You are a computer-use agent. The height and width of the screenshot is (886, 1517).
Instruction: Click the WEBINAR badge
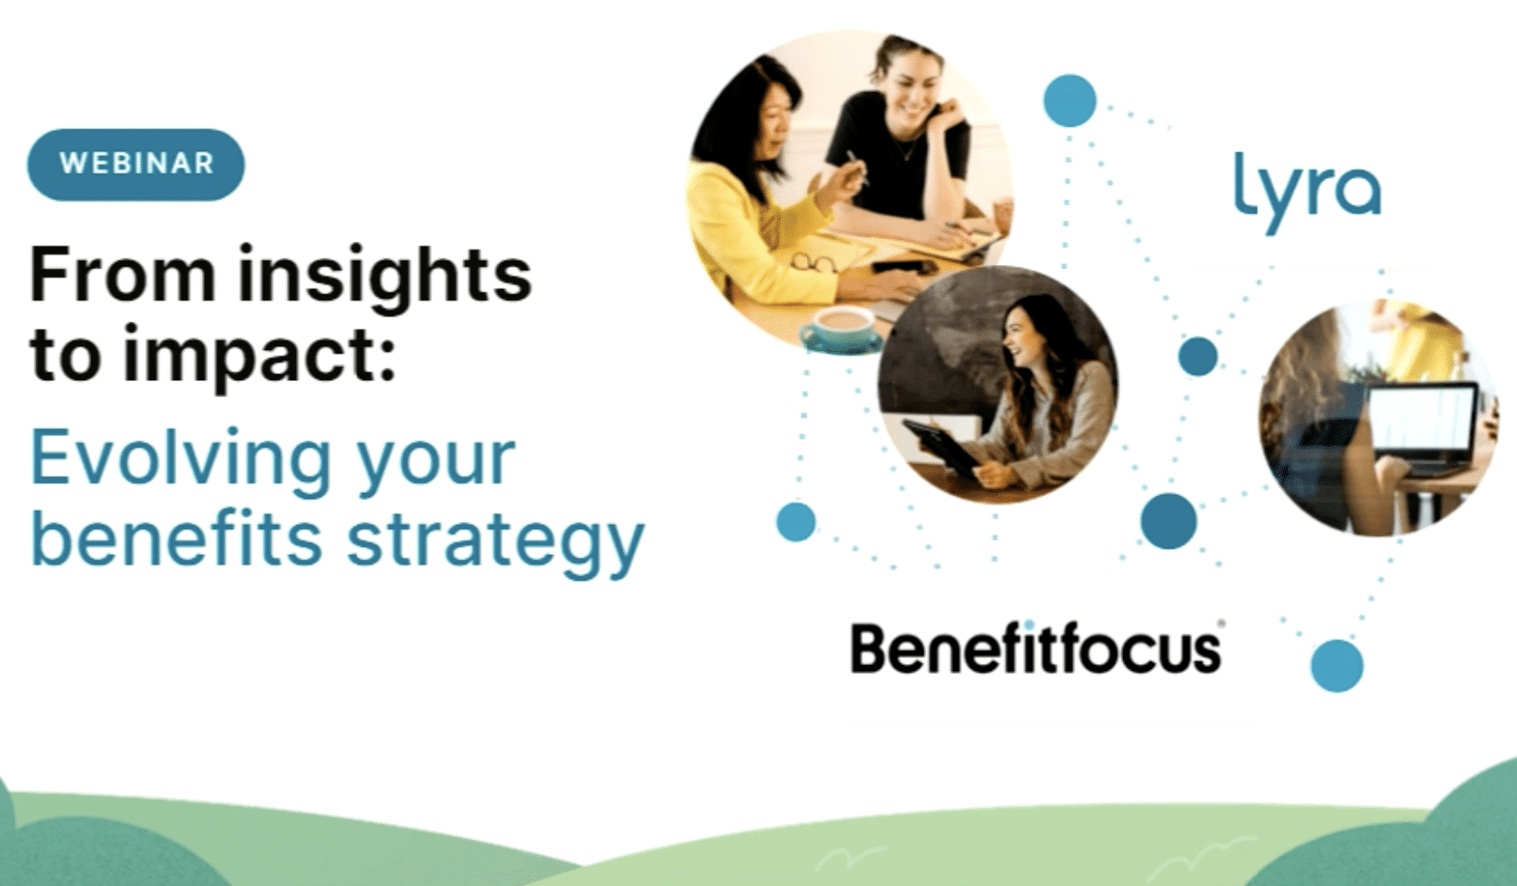point(136,164)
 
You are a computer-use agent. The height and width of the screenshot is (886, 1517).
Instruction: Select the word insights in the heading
point(384,277)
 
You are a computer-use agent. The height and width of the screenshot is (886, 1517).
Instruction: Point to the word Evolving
point(181,459)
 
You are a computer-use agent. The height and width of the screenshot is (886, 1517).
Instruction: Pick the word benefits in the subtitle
point(176,538)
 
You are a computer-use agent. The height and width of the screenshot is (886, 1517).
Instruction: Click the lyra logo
point(1307,194)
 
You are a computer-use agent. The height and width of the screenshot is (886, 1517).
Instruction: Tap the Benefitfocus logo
point(1036,649)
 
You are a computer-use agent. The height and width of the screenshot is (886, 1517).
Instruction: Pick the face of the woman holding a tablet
point(1023,337)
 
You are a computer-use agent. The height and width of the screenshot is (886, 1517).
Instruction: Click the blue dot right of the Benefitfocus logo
point(1337,666)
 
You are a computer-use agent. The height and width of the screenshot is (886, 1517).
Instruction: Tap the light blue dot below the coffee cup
point(795,521)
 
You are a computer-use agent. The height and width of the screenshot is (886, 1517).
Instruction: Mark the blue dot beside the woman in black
point(1070,100)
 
